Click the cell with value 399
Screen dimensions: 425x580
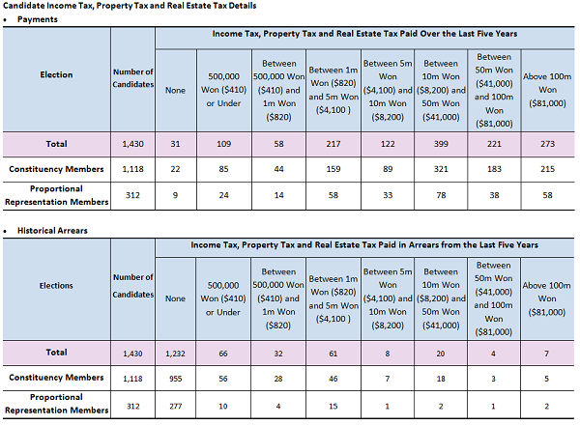(x=441, y=144)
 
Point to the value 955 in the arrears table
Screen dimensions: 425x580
(x=174, y=378)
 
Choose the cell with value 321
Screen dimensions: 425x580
(x=441, y=169)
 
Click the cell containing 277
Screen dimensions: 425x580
(x=174, y=406)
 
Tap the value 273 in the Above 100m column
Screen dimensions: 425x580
(x=548, y=144)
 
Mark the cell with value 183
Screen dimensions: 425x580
(x=494, y=169)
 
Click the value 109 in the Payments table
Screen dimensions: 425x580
(x=223, y=144)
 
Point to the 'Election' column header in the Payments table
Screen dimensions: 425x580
(x=56, y=74)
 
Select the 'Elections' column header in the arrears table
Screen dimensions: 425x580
(x=56, y=286)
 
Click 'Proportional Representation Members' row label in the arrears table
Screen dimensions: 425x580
(x=56, y=405)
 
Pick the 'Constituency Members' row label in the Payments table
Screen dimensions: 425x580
(x=56, y=169)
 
